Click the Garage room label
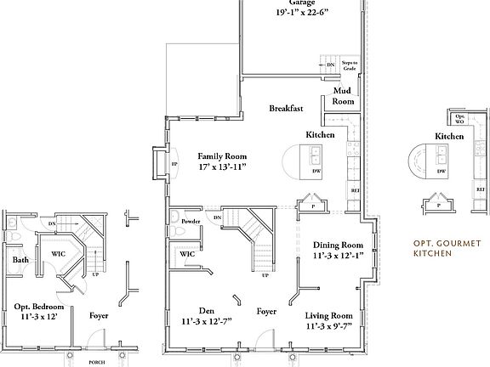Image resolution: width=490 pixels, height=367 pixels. click(x=300, y=3)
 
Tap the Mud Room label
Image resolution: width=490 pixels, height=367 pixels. click(x=342, y=95)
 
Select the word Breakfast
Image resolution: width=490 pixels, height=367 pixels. click(x=287, y=109)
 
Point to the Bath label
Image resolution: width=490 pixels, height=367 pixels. click(x=20, y=260)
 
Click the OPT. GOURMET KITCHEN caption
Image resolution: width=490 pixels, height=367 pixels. click(x=442, y=248)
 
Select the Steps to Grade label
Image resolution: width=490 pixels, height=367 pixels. click(x=350, y=65)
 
